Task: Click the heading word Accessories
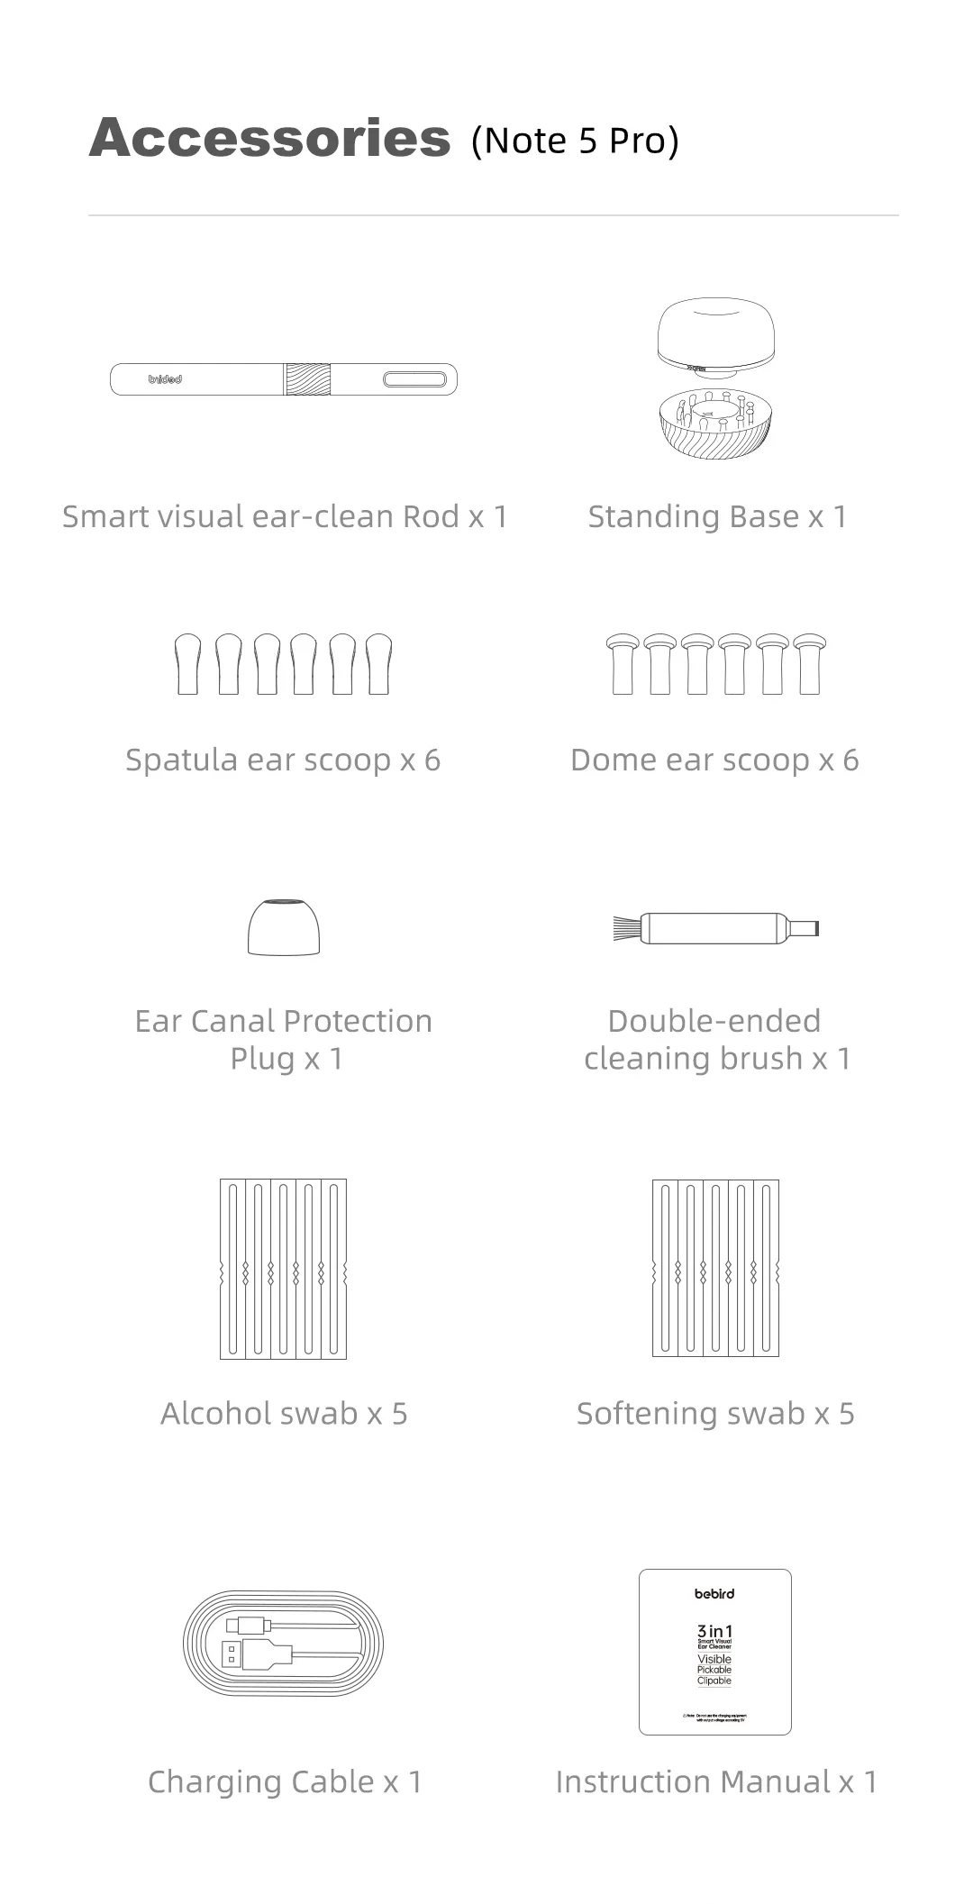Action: (x=269, y=139)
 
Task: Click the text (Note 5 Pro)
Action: (x=575, y=141)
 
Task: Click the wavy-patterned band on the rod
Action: (x=307, y=379)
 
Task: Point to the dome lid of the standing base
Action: (x=715, y=333)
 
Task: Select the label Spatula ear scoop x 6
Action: (x=283, y=760)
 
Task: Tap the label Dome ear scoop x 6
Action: (x=714, y=760)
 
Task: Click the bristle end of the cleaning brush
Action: (x=628, y=929)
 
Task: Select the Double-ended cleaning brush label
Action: (x=716, y=1039)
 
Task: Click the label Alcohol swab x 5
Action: (x=284, y=1413)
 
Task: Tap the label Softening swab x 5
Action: (x=715, y=1413)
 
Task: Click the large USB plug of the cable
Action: (x=256, y=1654)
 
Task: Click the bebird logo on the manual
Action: (x=714, y=1593)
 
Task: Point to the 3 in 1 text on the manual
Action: (x=714, y=1631)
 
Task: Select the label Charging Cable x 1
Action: (x=285, y=1781)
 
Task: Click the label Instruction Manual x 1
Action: (x=716, y=1781)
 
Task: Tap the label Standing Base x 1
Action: (x=717, y=516)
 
